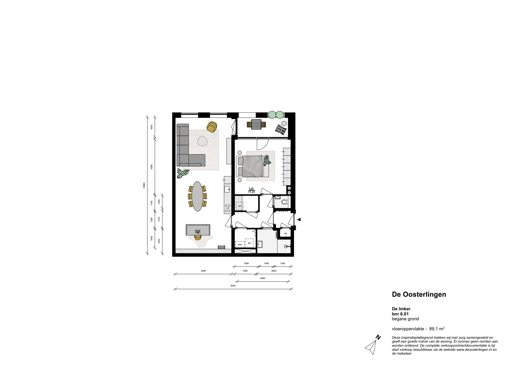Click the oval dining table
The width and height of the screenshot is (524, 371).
[197, 196]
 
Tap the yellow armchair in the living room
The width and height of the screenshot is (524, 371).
[212, 127]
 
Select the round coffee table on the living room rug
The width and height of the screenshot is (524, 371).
[202, 141]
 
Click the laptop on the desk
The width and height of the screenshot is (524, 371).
[198, 232]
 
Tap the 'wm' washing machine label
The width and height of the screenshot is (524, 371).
[240, 206]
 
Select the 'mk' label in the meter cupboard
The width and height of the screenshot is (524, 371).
[286, 233]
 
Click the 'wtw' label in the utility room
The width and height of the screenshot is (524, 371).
[240, 244]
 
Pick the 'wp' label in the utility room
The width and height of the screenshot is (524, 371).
[249, 243]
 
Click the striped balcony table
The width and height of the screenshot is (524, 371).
[256, 125]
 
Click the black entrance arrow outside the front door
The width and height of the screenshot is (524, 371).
[299, 220]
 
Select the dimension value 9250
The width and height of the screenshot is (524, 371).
[233, 285]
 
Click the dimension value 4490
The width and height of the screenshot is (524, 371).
[203, 271]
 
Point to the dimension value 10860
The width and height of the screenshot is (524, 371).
[144, 185]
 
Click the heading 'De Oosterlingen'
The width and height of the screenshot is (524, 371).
[419, 294]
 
